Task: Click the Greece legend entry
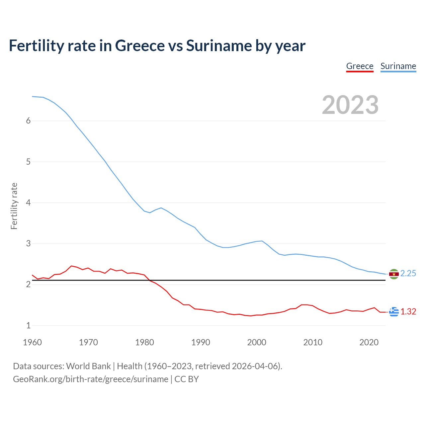coord(360,66)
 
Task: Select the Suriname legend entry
coord(398,66)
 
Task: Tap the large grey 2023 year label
coord(350,105)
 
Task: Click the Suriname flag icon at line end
coord(394,274)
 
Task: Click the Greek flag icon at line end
coord(394,312)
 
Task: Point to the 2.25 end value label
coord(408,273)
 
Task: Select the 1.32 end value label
coord(408,311)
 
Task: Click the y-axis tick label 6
coord(28,121)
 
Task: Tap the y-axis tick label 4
coord(28,203)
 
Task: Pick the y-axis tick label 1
coord(28,325)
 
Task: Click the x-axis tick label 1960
coord(32,342)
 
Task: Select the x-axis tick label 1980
coord(144,342)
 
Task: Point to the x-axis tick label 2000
coord(257,342)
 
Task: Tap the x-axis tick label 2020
coord(369,342)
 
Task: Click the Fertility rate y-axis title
coord(14,206)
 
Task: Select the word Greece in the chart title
coord(139,45)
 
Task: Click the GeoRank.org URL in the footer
coord(90,379)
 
